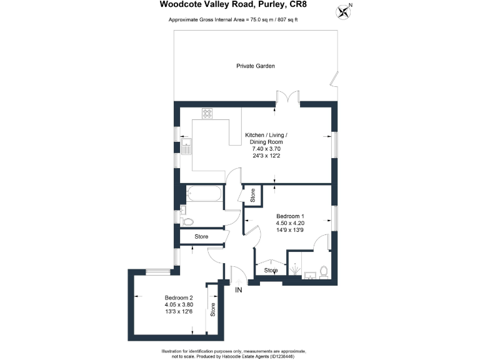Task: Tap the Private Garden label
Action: tap(256, 66)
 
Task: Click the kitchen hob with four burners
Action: tap(207, 114)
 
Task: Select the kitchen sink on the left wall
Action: tap(186, 147)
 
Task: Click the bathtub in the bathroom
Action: tap(202, 194)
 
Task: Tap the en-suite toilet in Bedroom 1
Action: tap(323, 271)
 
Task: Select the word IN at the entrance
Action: tap(238, 290)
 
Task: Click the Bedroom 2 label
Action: tap(178, 297)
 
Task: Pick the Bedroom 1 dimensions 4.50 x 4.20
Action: tap(289, 223)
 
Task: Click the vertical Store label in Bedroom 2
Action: tap(212, 309)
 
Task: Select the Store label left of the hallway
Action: tap(201, 237)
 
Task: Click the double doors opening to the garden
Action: tap(289, 99)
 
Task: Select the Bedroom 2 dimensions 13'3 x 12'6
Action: tap(178, 312)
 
